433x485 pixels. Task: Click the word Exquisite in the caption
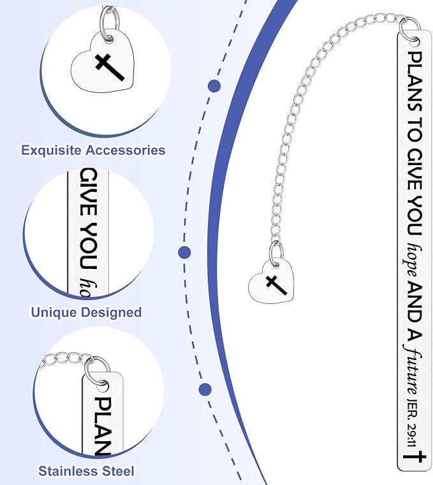[x=52, y=150]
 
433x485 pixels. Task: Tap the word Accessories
[x=126, y=150]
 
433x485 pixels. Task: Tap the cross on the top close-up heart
[x=110, y=67]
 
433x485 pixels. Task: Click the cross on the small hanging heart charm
[x=275, y=285]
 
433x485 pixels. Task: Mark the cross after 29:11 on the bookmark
[x=414, y=456]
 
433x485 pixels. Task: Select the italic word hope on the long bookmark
[x=412, y=259]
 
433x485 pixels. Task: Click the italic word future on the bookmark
[x=413, y=370]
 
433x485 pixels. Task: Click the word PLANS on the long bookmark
[x=415, y=82]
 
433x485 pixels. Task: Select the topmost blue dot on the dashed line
[x=214, y=86]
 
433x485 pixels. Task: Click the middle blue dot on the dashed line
[x=184, y=252]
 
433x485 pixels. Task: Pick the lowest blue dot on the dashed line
[x=205, y=389]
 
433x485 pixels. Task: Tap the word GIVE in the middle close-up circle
[x=88, y=192]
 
